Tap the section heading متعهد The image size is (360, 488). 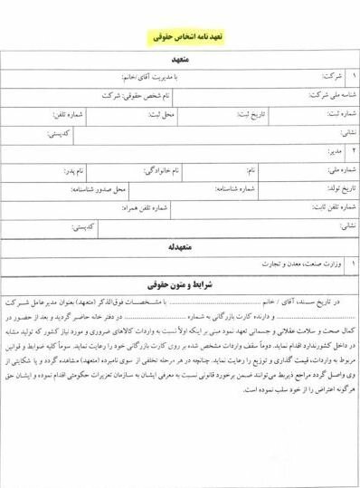click(179, 61)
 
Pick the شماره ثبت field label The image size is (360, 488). click(333, 115)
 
